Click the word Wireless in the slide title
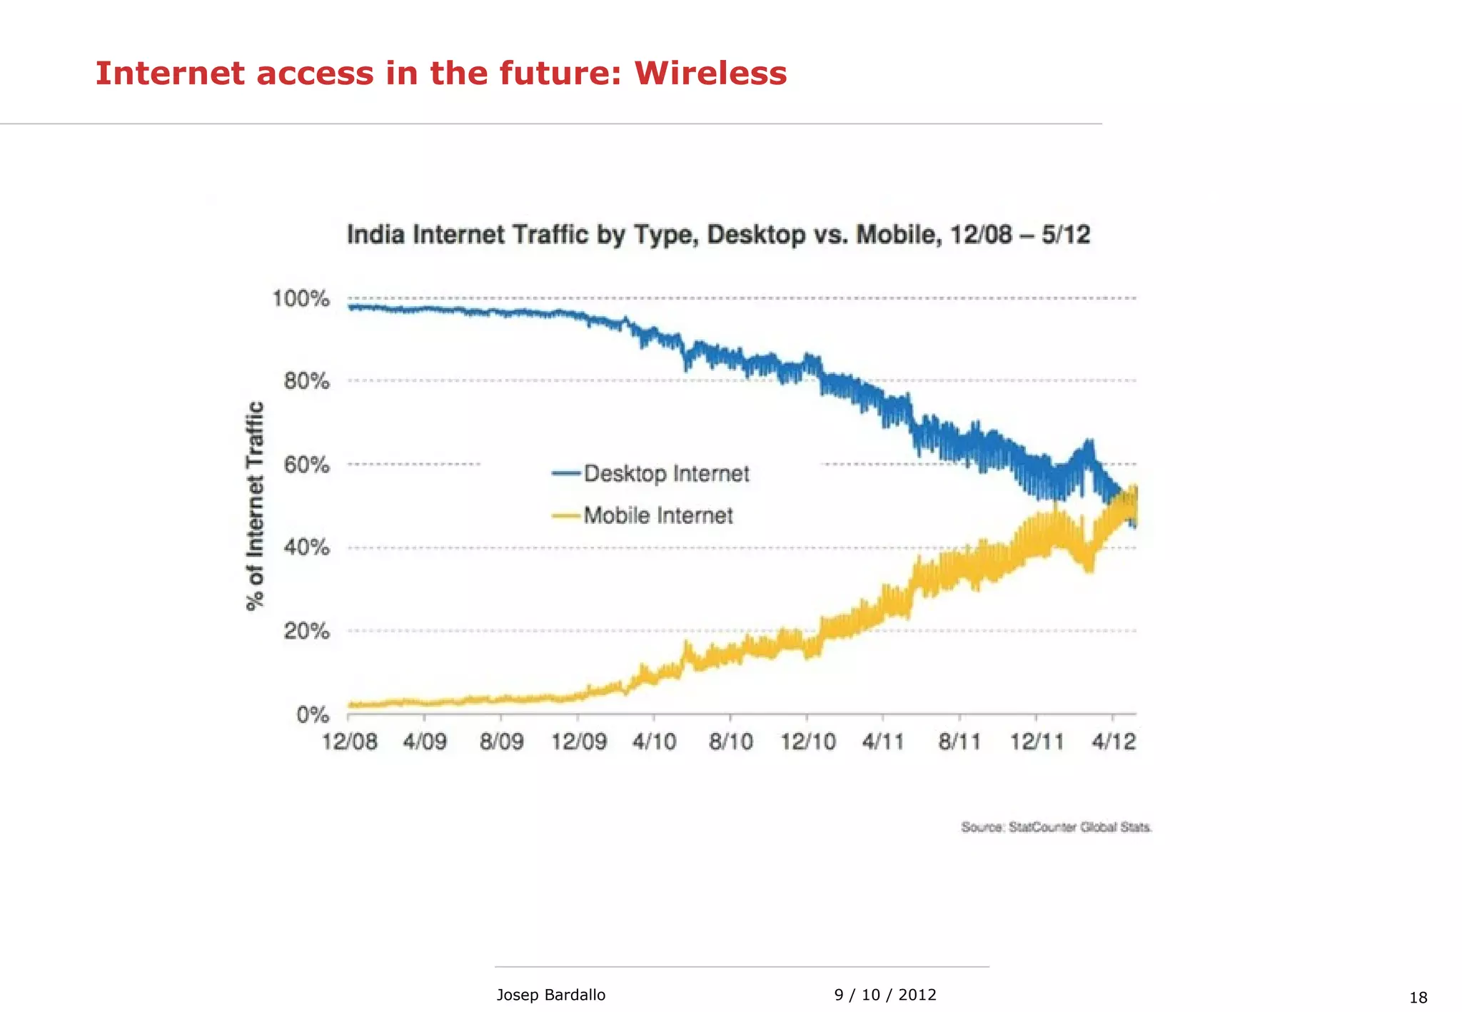coord(710,74)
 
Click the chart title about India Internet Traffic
coord(718,235)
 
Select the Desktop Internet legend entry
coord(665,474)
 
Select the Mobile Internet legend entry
coord(657,515)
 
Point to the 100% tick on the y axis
coord(301,298)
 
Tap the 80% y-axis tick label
coord(306,381)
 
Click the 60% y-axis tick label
coord(306,465)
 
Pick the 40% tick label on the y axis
coord(306,548)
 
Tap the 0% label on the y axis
coord(313,714)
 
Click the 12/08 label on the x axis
coord(349,742)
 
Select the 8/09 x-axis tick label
coord(501,742)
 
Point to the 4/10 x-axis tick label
coord(654,742)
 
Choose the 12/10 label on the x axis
coord(807,742)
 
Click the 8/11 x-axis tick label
coord(959,742)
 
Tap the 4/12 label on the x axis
coord(1113,742)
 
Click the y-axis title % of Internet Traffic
coord(255,506)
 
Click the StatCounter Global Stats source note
coord(1056,827)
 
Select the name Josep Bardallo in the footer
coord(550,995)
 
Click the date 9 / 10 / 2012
coord(884,995)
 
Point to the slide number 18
coord(1418,998)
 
